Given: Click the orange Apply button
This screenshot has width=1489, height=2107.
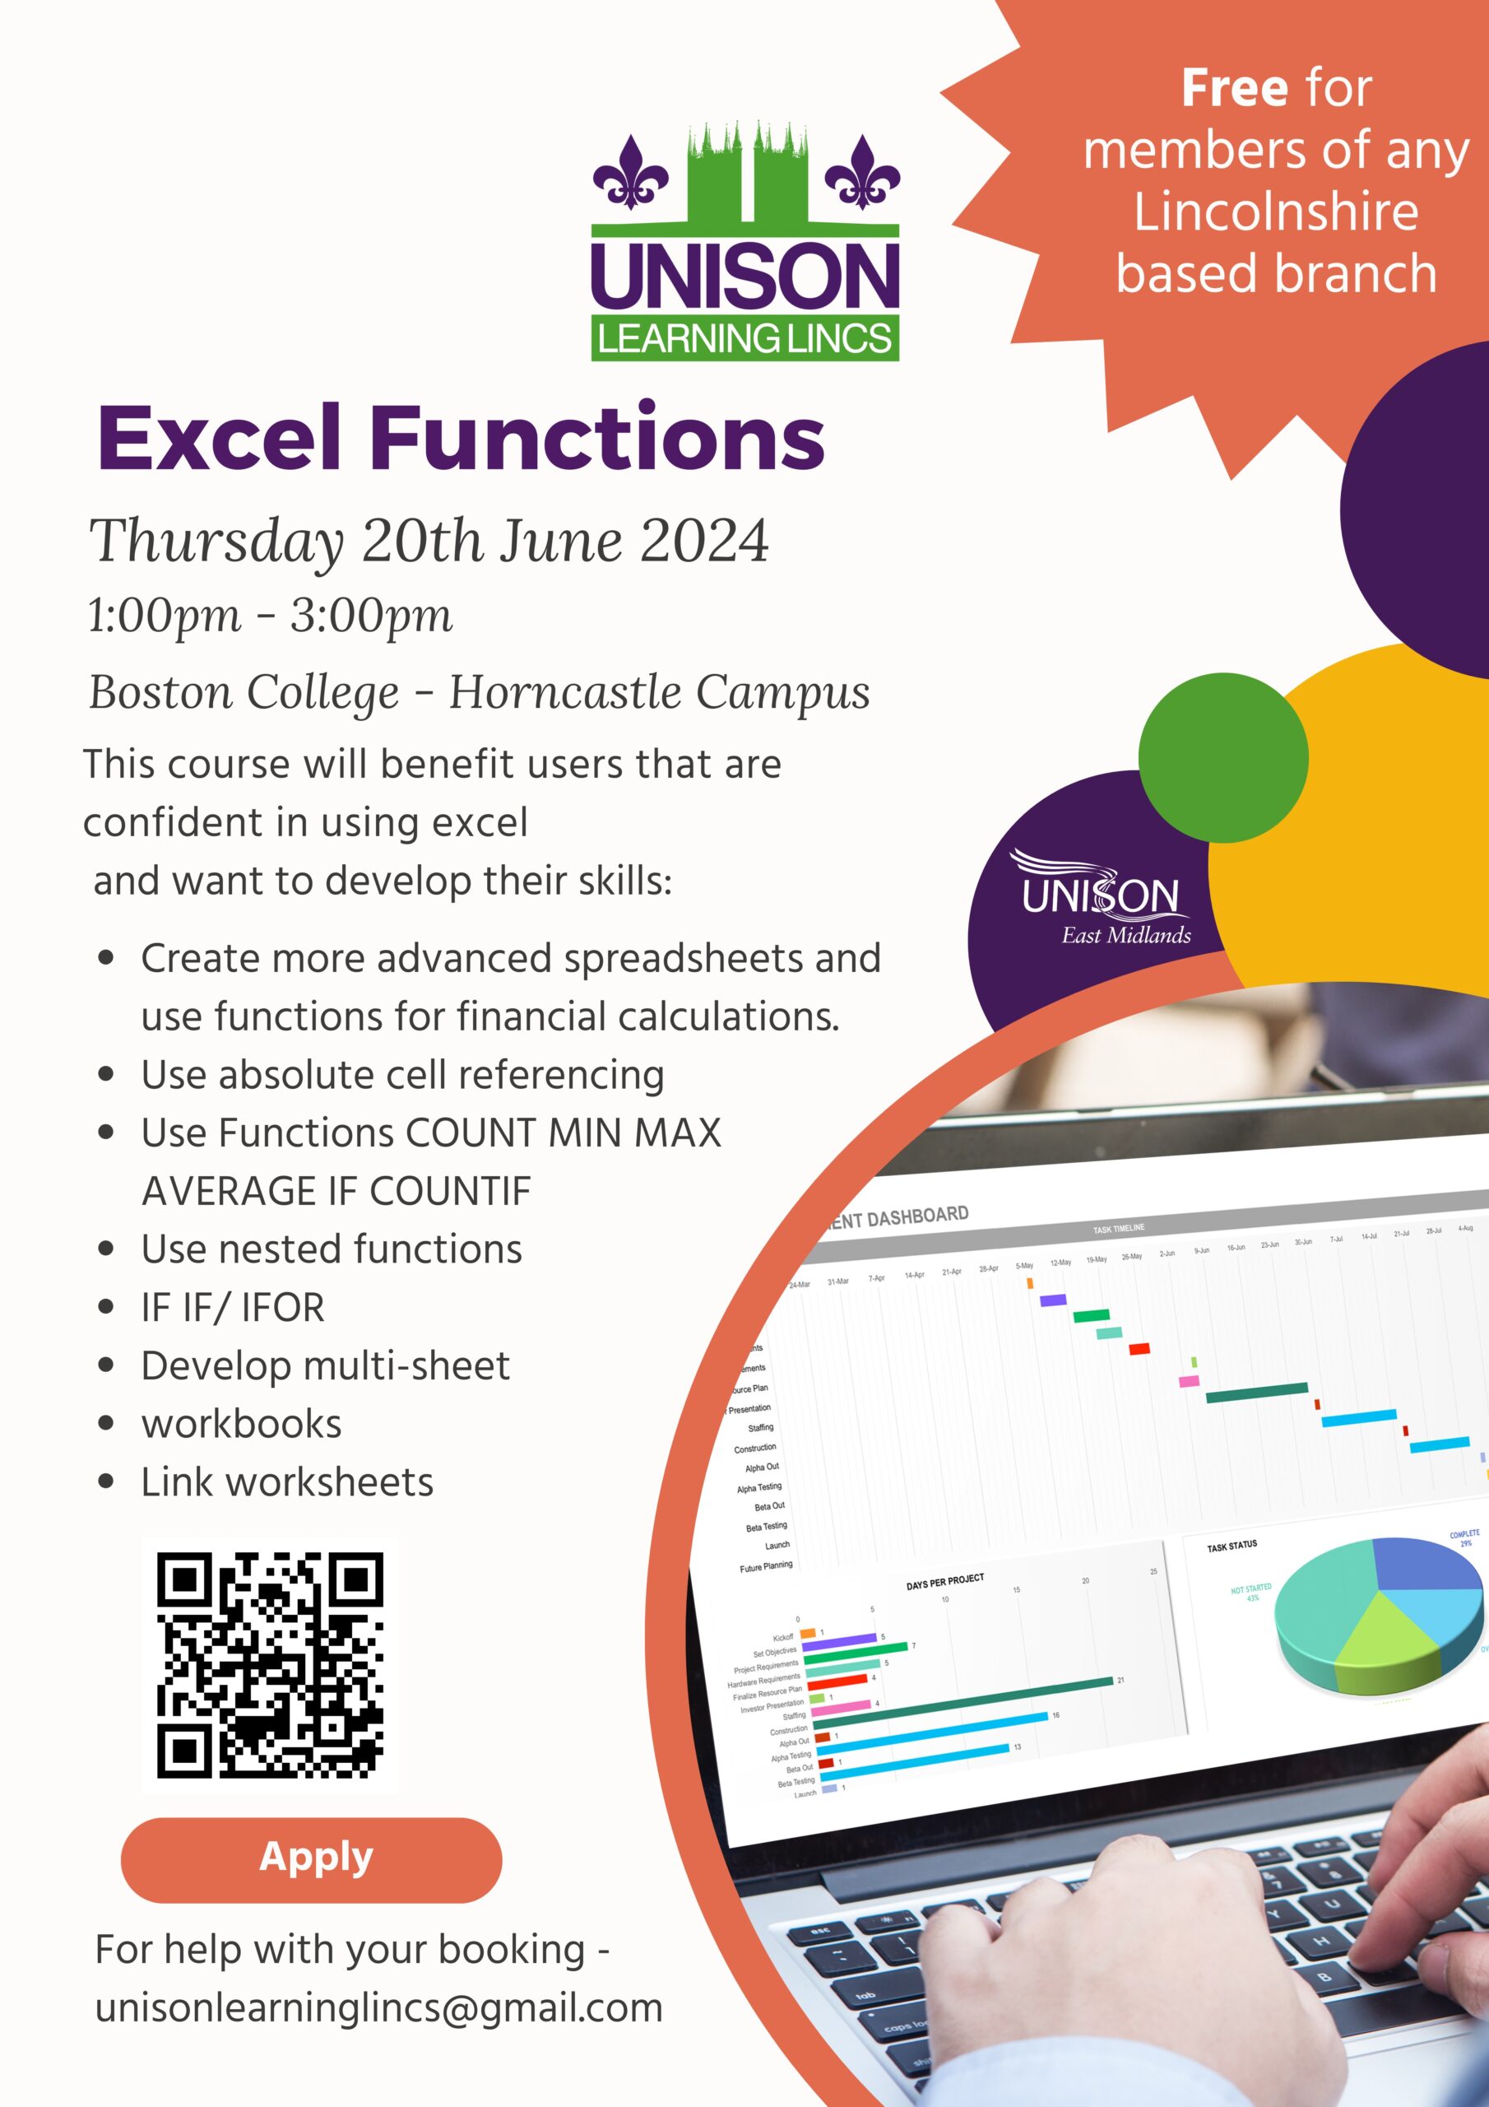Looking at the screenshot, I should click(x=311, y=1859).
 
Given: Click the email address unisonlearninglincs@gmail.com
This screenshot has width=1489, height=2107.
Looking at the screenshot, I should click(x=378, y=2007).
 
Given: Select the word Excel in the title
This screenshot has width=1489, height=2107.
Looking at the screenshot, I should click(x=220, y=438).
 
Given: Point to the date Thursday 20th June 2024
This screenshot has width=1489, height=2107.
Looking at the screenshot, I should click(x=429, y=540).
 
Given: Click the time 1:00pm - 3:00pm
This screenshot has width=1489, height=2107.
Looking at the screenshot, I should click(x=270, y=615).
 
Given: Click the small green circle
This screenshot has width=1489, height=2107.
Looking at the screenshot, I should click(x=1223, y=758).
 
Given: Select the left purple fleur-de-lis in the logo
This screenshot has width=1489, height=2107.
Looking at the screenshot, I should click(x=630, y=172).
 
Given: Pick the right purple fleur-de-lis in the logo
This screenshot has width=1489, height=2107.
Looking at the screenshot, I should click(x=861, y=172).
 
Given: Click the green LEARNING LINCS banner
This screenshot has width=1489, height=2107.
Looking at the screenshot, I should click(x=744, y=338).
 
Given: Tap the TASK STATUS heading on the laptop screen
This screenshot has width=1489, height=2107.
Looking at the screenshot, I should click(x=1232, y=1547).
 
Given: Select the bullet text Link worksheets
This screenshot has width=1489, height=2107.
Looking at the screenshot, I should click(x=287, y=1482).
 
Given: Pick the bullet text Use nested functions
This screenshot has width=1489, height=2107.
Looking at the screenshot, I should click(x=332, y=1249).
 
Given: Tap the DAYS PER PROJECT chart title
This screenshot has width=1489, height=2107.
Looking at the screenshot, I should click(x=944, y=1581).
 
